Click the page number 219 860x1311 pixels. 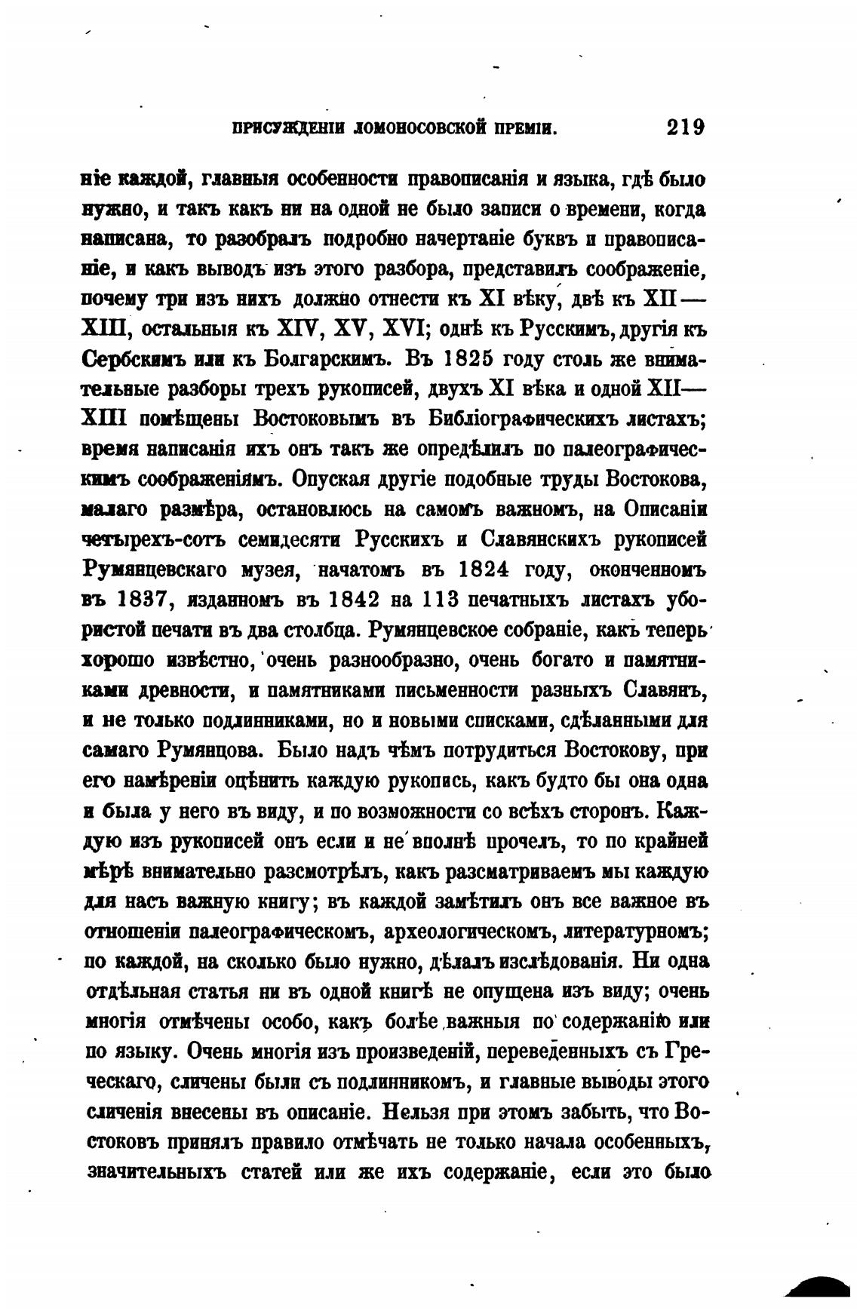click(x=684, y=127)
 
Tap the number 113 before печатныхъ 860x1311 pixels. click(x=440, y=600)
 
